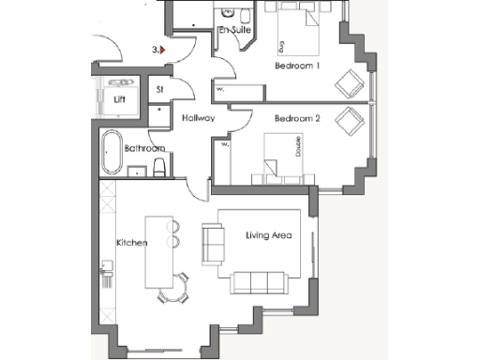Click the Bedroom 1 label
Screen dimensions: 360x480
point(297,67)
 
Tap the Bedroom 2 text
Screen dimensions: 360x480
point(297,119)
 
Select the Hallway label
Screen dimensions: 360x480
point(199,118)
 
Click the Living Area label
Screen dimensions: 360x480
point(265,236)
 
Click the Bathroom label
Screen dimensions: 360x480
point(144,148)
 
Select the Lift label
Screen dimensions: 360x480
point(119,98)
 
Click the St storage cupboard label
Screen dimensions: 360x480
point(160,90)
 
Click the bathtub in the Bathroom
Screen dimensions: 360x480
point(112,153)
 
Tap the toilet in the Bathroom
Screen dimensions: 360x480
point(159,168)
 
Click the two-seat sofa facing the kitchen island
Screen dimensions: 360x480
point(213,245)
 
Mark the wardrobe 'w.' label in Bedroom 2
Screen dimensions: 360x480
point(224,145)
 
